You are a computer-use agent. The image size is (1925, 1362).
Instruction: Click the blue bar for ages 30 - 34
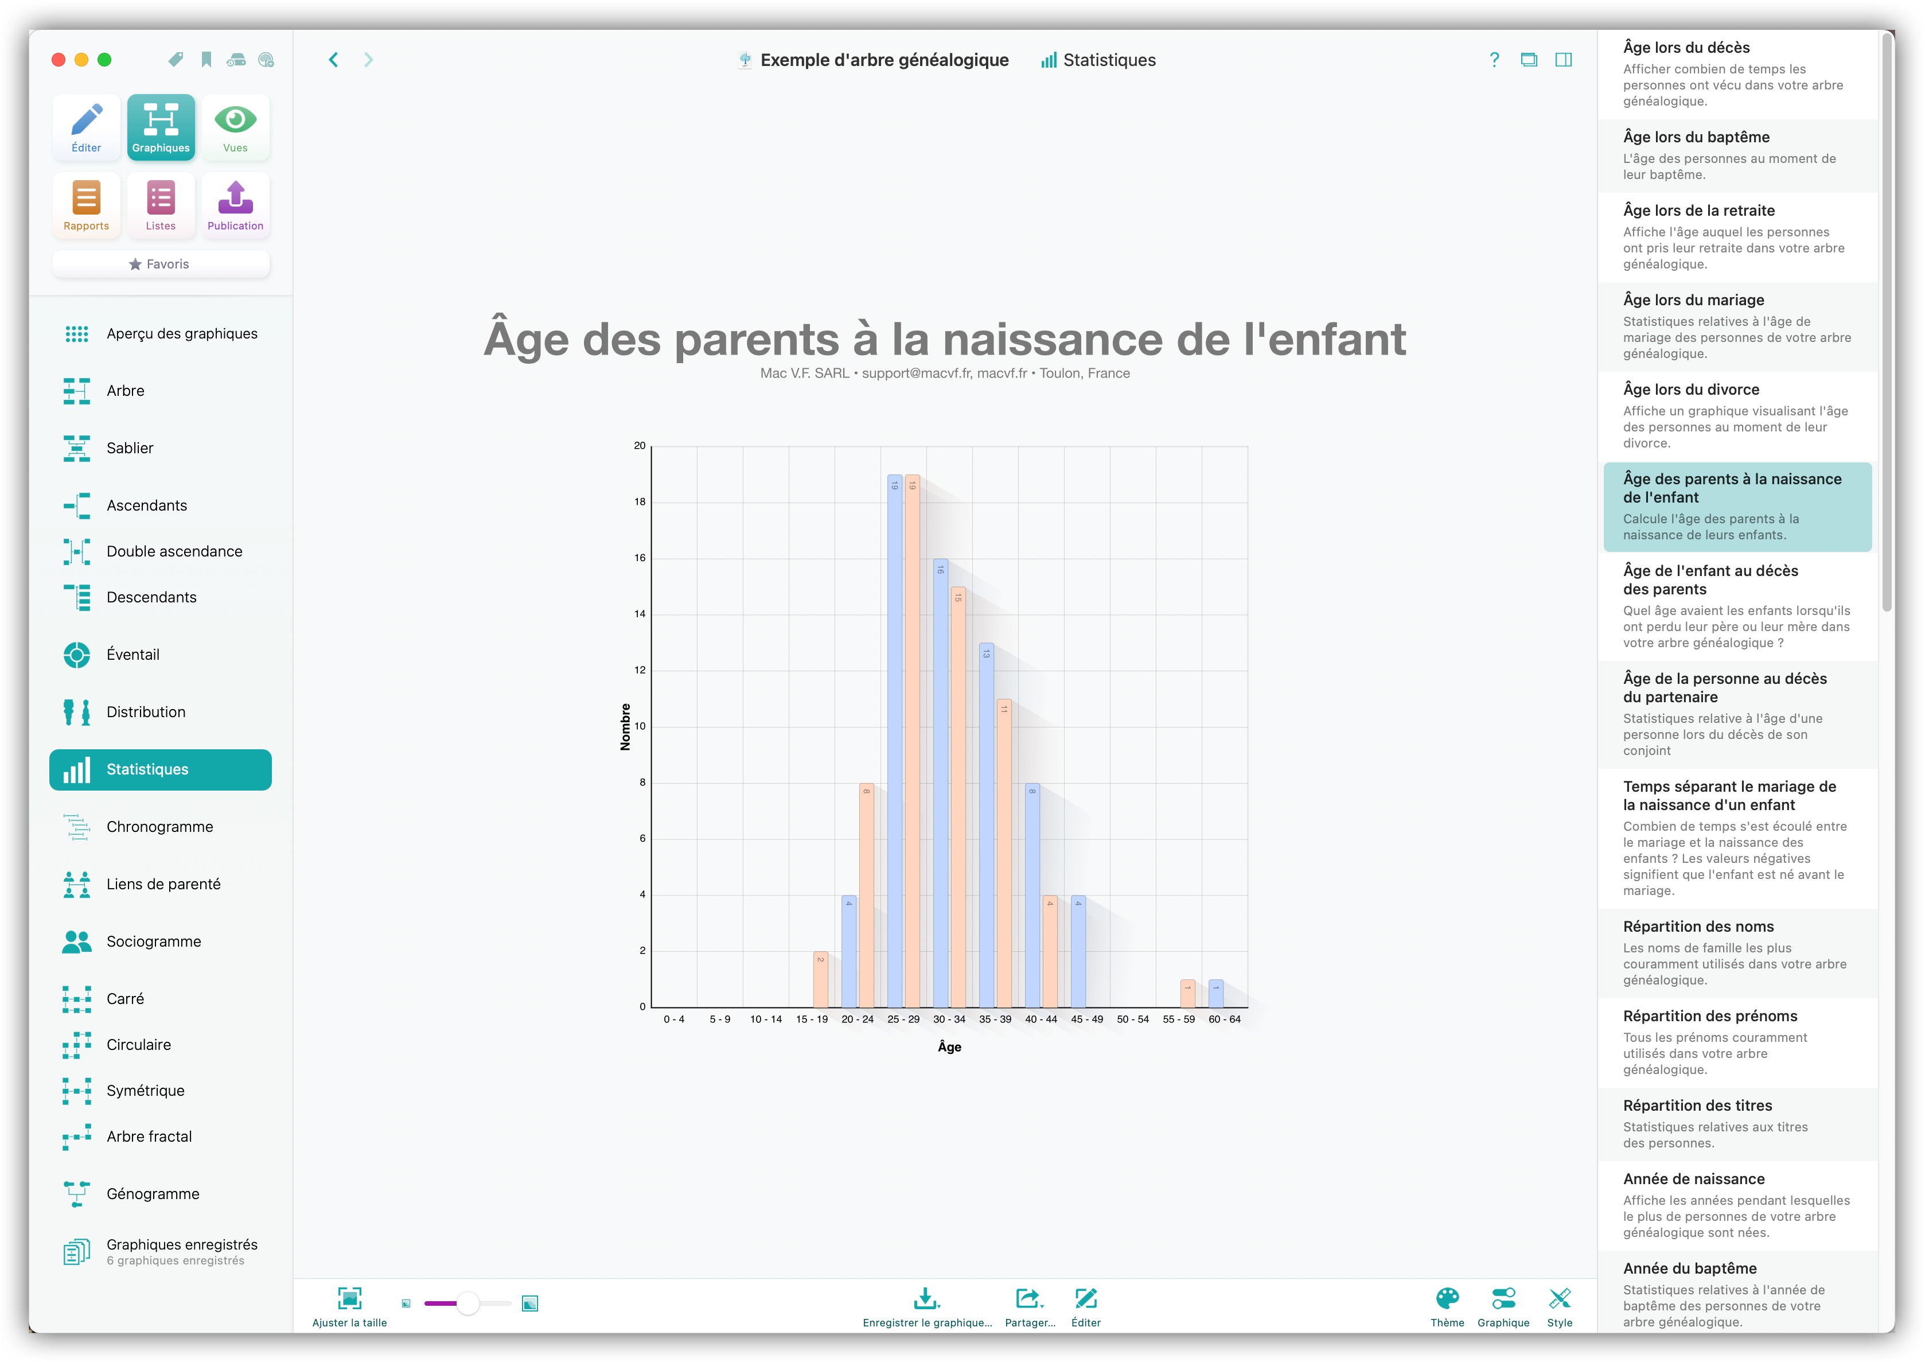click(x=941, y=783)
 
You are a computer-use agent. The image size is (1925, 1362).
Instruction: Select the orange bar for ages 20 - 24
click(x=867, y=895)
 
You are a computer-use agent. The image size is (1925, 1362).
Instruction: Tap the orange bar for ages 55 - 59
click(x=1188, y=993)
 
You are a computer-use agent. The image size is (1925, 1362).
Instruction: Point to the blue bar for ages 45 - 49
click(x=1078, y=951)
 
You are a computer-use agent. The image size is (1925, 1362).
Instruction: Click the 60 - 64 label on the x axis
click(x=1224, y=1019)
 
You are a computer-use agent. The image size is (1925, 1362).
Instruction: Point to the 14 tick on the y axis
click(x=640, y=614)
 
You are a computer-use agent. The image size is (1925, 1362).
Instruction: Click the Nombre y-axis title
click(x=625, y=726)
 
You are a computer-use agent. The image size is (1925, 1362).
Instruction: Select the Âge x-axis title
click(x=949, y=1046)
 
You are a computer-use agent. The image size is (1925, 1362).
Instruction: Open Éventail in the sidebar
click(x=133, y=654)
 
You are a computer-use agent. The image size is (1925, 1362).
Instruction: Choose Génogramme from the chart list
click(x=153, y=1193)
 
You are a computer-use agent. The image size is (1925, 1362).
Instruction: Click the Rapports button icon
click(x=87, y=198)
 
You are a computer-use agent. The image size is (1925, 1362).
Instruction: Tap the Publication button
click(x=236, y=205)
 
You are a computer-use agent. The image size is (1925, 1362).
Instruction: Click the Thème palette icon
click(x=1447, y=1298)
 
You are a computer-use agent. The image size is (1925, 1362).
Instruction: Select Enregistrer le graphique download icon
click(x=926, y=1298)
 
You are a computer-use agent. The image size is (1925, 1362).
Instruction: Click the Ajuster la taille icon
click(x=350, y=1298)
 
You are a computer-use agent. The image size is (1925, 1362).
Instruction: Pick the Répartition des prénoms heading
click(x=1710, y=1015)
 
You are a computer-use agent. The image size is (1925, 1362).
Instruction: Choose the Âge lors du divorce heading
click(x=1691, y=389)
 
